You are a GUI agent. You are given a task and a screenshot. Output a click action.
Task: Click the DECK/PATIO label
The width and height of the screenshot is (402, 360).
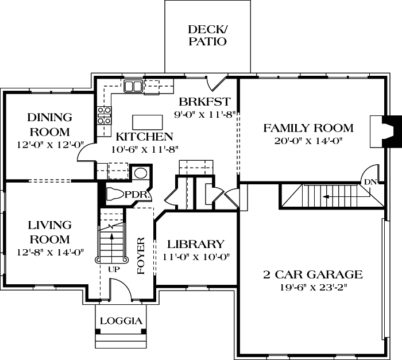pos(207,35)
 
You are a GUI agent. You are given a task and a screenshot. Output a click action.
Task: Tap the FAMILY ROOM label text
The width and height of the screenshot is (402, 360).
pos(308,127)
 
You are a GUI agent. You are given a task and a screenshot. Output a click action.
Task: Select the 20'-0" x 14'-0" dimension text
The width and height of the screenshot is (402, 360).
pos(308,141)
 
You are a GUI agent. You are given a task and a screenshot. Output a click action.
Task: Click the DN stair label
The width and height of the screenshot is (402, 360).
pos(370,182)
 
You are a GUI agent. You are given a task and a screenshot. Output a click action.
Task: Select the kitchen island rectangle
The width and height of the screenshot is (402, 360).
pos(145,122)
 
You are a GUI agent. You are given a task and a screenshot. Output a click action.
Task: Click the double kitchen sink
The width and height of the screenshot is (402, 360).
pos(133,86)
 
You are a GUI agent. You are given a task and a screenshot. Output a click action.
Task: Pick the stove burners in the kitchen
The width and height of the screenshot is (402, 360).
pos(104,115)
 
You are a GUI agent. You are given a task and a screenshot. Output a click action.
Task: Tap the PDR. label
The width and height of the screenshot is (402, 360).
pos(138,195)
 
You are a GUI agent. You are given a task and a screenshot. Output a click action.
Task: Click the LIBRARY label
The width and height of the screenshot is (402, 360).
pos(196,244)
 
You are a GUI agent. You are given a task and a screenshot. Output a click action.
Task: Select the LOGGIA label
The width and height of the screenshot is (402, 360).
pos(121,321)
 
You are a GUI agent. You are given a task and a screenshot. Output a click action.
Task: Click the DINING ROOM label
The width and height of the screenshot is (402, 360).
pos(50,124)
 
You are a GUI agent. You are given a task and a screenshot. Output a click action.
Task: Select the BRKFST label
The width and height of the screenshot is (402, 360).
pos(204,102)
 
